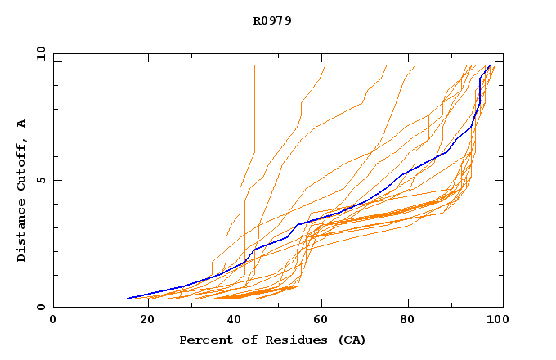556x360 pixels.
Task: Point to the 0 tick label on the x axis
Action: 53,321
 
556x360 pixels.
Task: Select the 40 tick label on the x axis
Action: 235,321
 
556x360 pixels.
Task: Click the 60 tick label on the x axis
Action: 325,321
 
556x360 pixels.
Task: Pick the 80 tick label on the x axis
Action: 414,321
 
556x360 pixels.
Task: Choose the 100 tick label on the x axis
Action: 495,321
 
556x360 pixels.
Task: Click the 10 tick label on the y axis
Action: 39,53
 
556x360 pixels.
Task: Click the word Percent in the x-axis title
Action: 204,340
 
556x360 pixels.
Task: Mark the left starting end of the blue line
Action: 128,299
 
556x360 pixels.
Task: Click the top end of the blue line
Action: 489,66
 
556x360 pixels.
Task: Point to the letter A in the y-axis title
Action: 21,124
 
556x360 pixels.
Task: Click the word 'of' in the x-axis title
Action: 248,340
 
